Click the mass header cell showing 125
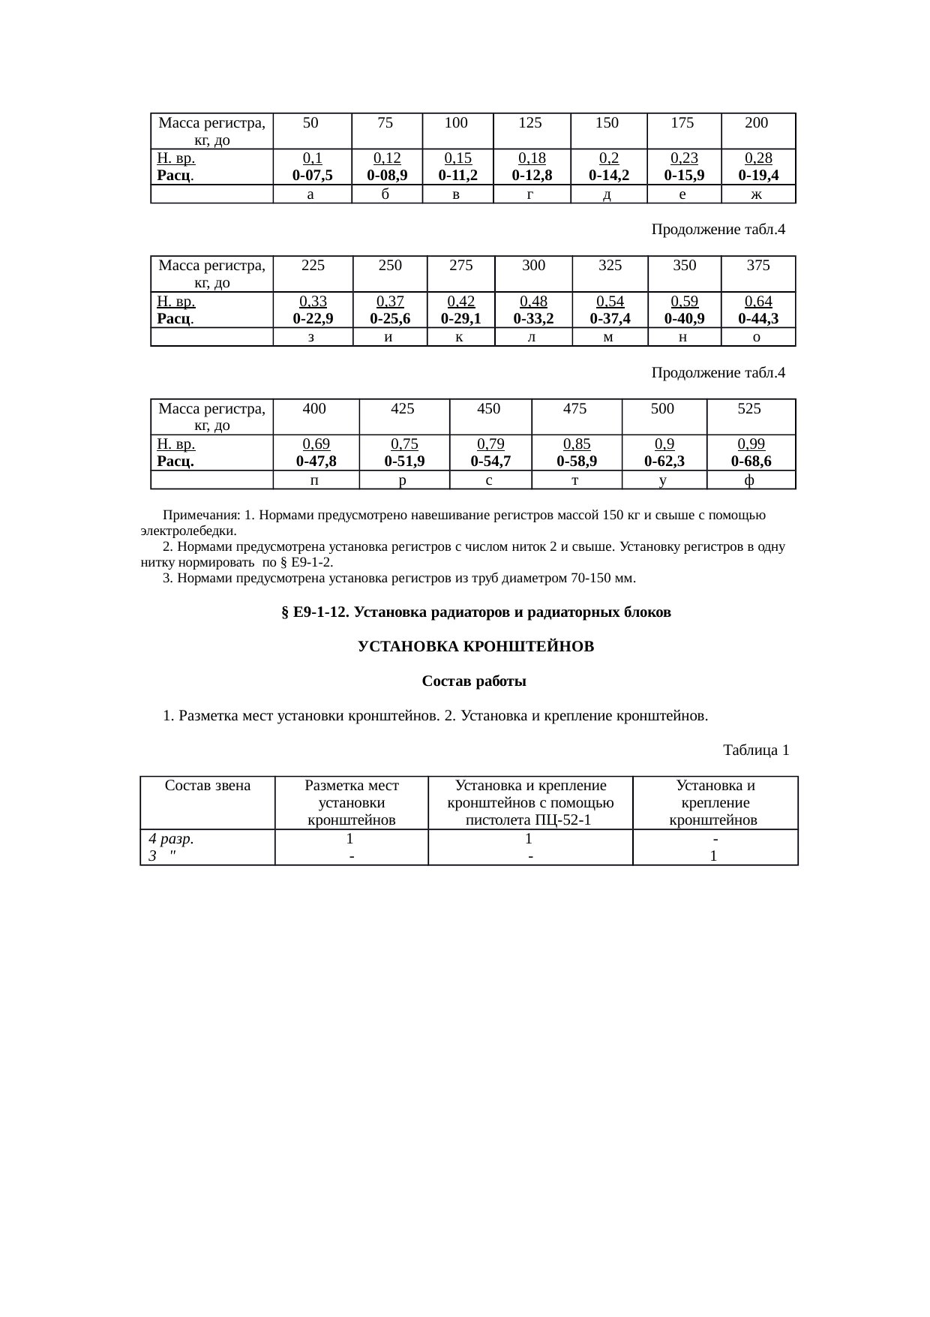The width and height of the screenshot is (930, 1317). pos(530,123)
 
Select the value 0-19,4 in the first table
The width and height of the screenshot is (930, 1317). pos(758,176)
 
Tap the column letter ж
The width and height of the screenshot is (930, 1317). pos(758,194)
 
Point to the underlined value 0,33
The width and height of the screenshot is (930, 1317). pos(313,301)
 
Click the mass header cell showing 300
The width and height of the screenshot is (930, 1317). pos(533,265)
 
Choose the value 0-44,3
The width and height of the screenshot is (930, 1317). pos(758,319)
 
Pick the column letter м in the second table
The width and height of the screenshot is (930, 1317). pos(609,337)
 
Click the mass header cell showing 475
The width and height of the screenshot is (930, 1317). pos(575,408)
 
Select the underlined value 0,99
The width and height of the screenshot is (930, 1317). pos(751,444)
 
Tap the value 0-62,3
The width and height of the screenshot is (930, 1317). pos(664,462)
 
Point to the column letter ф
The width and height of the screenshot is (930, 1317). pos(750,480)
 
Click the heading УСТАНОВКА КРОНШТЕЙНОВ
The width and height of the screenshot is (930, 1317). pos(476,646)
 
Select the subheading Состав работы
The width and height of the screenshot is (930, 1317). pos(474,681)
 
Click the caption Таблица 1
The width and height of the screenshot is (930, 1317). pos(755,750)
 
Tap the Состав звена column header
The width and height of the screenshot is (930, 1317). pos(208,786)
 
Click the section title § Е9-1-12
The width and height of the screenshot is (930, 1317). pos(475,612)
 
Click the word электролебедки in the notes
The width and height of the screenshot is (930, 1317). pos(187,531)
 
